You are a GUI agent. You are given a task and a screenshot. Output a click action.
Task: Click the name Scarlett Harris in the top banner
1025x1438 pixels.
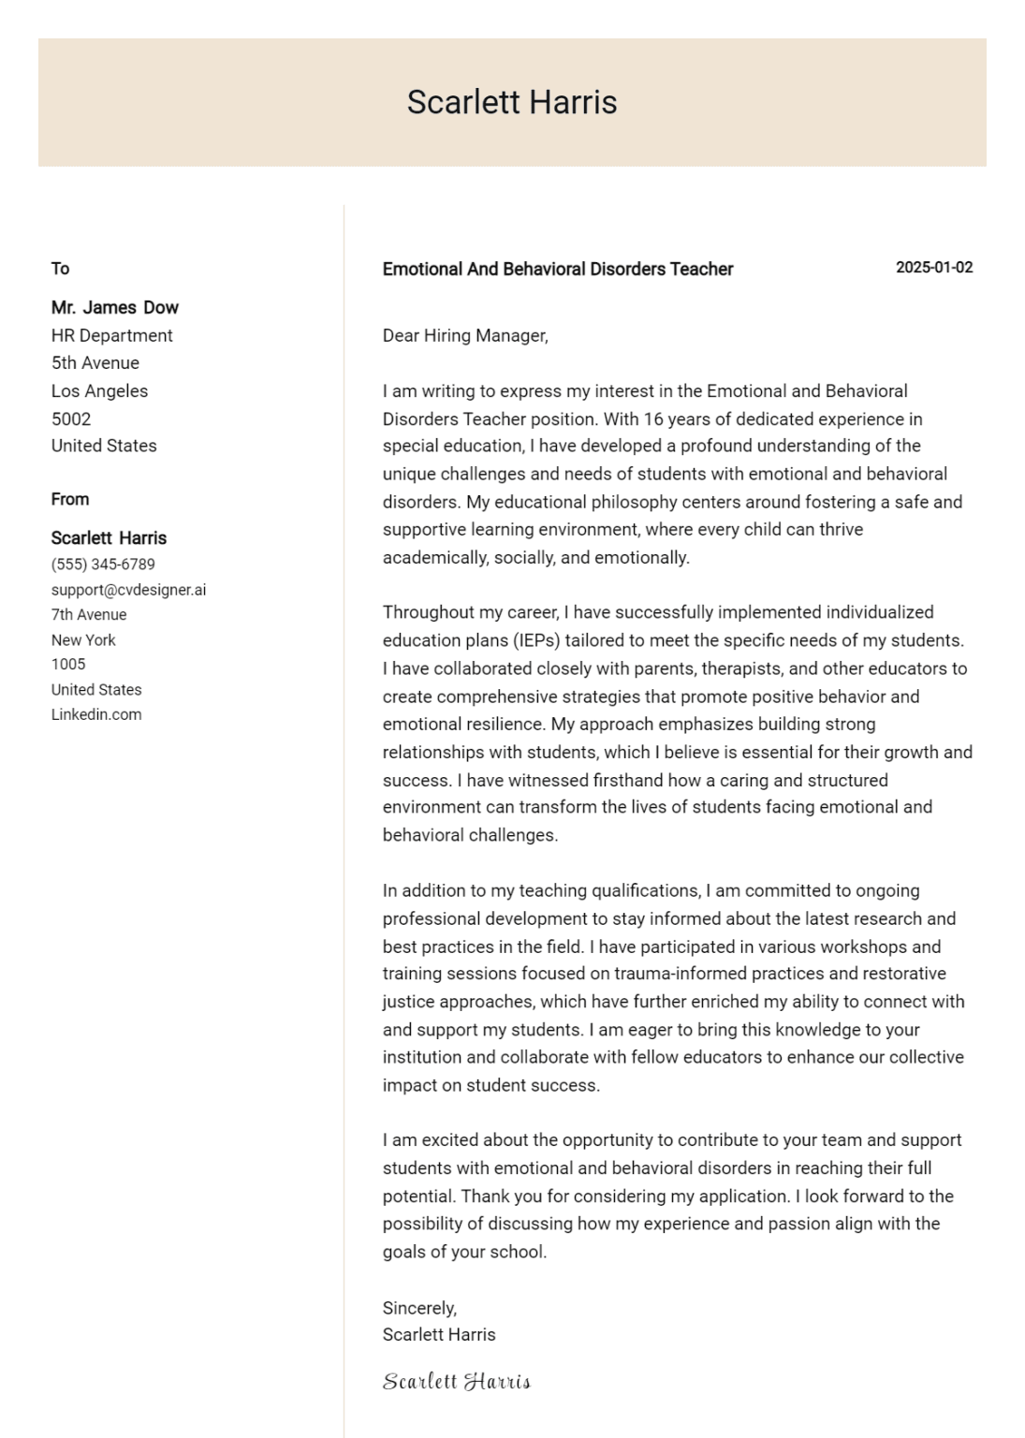pyautogui.click(x=512, y=102)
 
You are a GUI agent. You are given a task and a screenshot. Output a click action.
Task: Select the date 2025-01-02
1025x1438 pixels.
pyautogui.click(x=933, y=268)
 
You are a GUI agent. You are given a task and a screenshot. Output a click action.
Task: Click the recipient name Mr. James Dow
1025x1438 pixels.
pyautogui.click(x=114, y=308)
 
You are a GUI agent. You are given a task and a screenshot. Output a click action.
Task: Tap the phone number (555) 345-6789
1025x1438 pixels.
pyautogui.click(x=103, y=565)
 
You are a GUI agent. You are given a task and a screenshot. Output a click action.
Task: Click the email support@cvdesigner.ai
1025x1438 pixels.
pyautogui.click(x=128, y=590)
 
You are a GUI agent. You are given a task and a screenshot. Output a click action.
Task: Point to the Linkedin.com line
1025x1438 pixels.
pyautogui.click(x=96, y=714)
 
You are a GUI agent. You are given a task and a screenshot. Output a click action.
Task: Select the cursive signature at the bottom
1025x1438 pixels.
pyautogui.click(x=456, y=1382)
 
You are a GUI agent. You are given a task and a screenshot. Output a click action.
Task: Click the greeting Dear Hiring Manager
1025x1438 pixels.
pyautogui.click(x=464, y=336)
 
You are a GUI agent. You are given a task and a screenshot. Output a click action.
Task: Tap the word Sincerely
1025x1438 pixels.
pyautogui.click(x=418, y=1308)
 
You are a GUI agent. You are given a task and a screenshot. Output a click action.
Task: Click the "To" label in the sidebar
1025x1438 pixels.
pyautogui.click(x=60, y=269)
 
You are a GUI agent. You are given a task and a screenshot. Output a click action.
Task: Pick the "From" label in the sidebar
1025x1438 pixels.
pyautogui.click(x=70, y=499)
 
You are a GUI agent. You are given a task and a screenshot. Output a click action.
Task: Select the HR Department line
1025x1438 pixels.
pyautogui.click(x=111, y=335)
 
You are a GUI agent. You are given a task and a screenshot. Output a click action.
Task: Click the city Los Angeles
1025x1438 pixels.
pyautogui.click(x=99, y=391)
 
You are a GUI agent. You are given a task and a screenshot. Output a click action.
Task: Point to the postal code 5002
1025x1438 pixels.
pyautogui.click(x=71, y=418)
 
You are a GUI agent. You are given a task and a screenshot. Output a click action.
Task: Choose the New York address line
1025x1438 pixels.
pyautogui.click(x=83, y=640)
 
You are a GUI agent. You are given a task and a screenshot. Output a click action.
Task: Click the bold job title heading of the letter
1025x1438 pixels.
pyautogui.click(x=557, y=270)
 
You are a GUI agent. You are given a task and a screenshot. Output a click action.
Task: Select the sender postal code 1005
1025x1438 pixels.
pyautogui.click(x=68, y=665)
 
